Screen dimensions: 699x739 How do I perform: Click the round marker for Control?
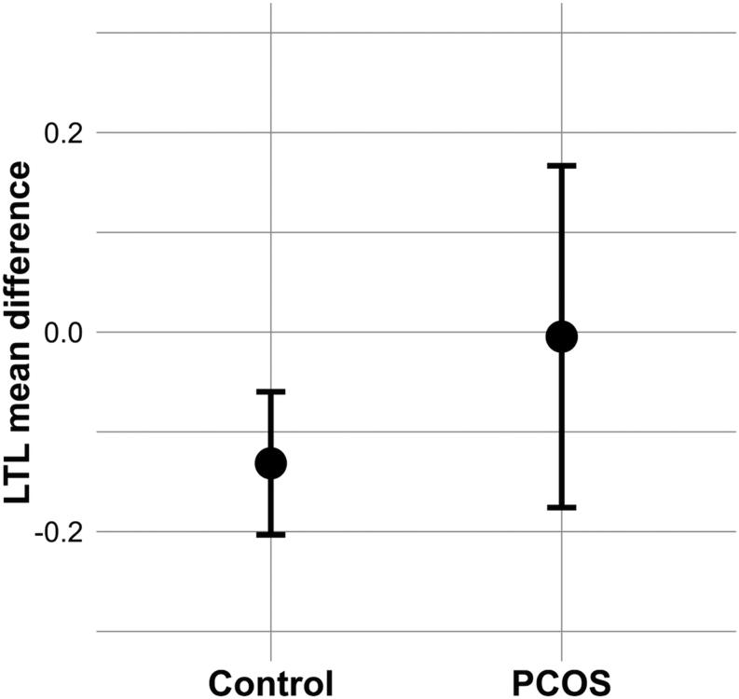[x=270, y=462]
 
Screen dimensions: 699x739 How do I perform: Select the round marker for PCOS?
[x=562, y=336]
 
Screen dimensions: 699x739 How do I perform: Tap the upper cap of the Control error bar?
[x=270, y=392]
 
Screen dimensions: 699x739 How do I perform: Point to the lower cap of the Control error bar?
[x=270, y=534]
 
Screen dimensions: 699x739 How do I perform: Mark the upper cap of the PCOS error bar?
[x=562, y=165]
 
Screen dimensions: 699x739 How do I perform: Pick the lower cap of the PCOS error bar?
[x=562, y=507]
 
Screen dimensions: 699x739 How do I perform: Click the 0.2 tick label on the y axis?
[x=64, y=132]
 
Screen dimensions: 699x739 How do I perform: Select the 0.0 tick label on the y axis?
[x=64, y=333]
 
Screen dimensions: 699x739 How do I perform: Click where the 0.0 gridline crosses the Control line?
[x=270, y=332]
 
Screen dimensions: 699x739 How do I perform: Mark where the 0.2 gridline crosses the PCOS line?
[x=562, y=132]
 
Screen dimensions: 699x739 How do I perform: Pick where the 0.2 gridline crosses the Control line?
[x=270, y=132]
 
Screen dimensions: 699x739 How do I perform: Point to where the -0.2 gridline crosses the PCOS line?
[x=562, y=532]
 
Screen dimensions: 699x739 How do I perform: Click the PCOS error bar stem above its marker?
[x=562, y=242]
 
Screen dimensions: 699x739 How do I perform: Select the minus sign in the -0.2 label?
[x=39, y=534]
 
